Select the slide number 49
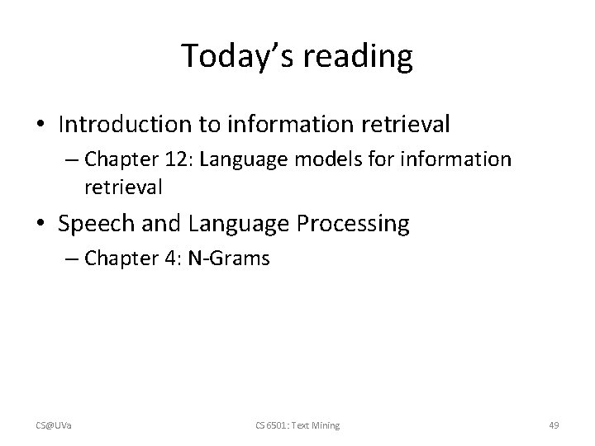[x=554, y=425]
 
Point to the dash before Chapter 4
[x=71, y=259]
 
